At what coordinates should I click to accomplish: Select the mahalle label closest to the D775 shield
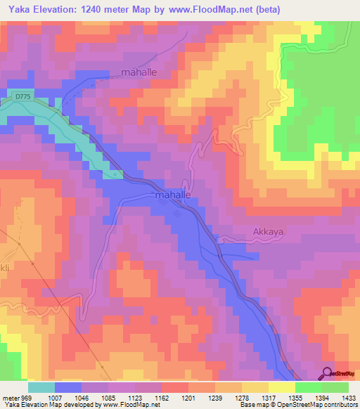click(141, 72)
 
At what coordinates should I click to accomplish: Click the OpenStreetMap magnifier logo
click(327, 374)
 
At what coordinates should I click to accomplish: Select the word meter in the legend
click(11, 398)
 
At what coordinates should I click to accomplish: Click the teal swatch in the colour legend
click(41, 387)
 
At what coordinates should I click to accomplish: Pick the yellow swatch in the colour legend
click(281, 387)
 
